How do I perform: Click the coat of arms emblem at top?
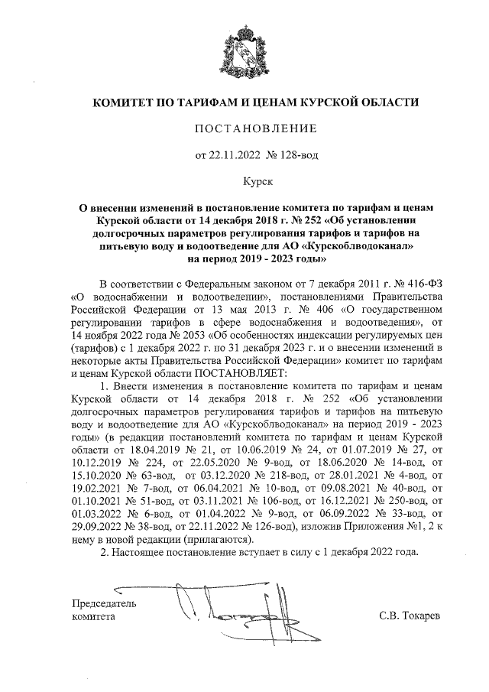click(x=245, y=50)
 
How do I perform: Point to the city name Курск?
click(x=245, y=183)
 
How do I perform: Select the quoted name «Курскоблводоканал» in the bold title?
click(x=362, y=247)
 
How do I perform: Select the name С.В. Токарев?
click(x=410, y=616)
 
